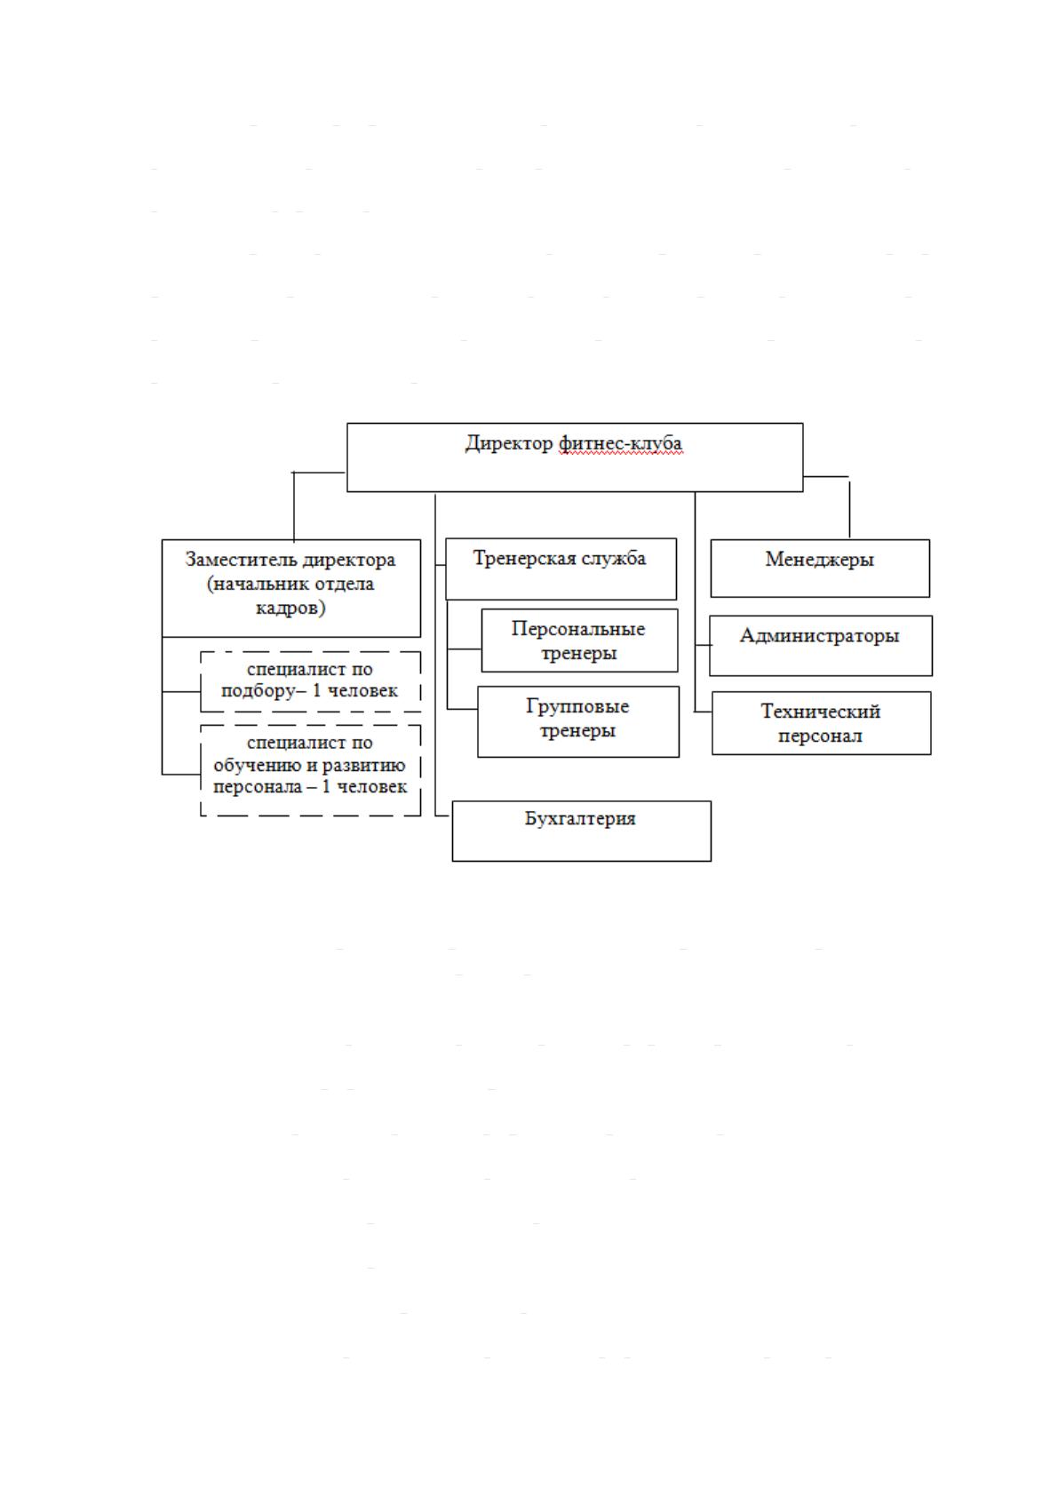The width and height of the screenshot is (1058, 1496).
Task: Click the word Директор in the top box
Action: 509,443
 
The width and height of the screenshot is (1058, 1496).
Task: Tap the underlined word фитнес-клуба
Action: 621,443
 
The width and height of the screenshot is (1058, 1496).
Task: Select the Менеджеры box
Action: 820,569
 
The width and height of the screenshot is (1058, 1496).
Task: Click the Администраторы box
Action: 820,646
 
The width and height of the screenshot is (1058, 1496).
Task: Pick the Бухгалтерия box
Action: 581,831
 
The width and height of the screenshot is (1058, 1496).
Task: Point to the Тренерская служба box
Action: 561,569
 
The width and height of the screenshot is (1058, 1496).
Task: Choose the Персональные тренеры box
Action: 579,641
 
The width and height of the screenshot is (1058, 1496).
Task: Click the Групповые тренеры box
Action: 577,722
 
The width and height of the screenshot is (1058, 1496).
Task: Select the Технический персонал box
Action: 821,723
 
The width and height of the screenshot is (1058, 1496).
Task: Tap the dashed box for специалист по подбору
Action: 311,682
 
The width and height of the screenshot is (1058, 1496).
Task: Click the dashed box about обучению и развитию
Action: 311,771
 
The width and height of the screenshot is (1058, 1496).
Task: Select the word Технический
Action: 820,712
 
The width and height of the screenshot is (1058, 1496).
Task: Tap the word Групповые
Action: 577,706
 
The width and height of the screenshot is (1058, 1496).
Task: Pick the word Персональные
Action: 578,628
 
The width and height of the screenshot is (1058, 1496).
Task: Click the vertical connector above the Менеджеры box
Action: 849,509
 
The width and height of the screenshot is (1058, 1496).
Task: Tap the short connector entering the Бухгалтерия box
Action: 443,816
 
